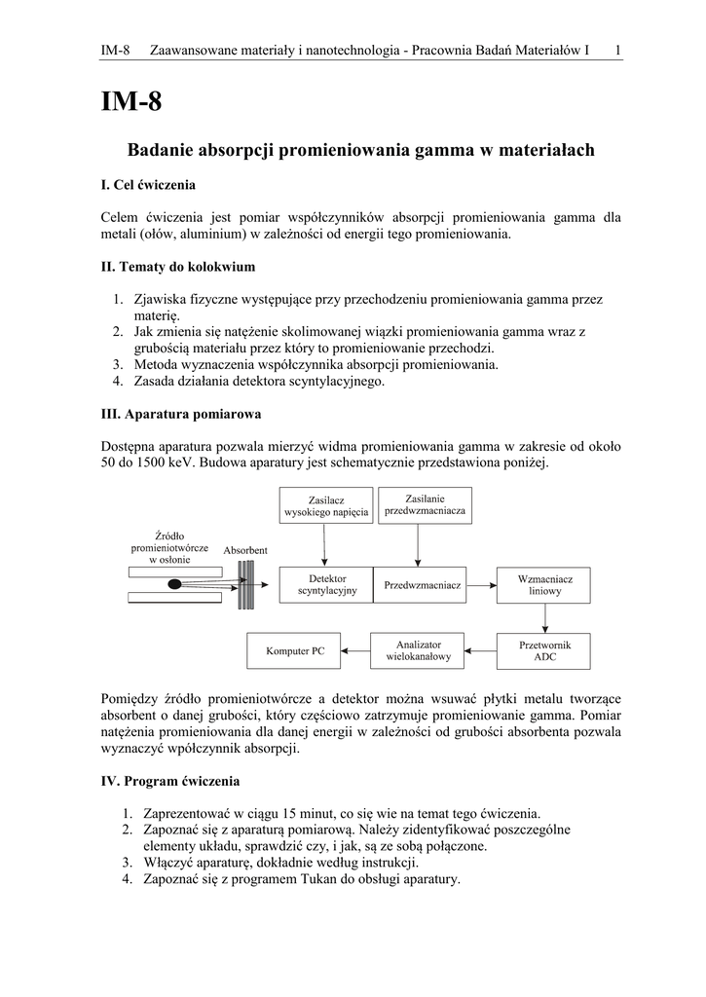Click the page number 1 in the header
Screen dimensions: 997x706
(x=619, y=50)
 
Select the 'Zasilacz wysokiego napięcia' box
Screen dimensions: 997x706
(x=326, y=506)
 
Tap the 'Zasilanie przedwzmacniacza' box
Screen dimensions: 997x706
(x=425, y=504)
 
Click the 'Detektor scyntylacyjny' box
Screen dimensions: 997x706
(x=326, y=584)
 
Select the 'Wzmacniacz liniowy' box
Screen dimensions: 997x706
(x=544, y=584)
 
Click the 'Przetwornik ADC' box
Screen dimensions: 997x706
(x=544, y=650)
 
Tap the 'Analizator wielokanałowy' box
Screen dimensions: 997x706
(x=420, y=650)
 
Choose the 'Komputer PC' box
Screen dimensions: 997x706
(x=296, y=650)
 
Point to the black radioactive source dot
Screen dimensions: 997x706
(x=175, y=584)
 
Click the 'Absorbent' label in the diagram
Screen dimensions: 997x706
(x=245, y=550)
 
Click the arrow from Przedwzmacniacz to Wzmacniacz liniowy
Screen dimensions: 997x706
(x=480, y=585)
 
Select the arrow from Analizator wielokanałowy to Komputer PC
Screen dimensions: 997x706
(x=357, y=650)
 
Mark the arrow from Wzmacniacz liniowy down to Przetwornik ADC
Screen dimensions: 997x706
(x=544, y=619)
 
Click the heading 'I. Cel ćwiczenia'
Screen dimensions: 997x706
(x=148, y=184)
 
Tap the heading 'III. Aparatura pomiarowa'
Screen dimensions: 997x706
(x=181, y=414)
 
